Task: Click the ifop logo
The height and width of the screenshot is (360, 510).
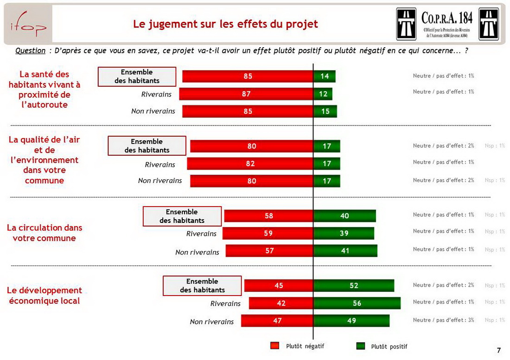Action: pos(28,25)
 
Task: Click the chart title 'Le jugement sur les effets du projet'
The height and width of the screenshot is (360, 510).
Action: pos(225,24)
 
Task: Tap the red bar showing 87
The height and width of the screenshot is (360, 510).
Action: pos(246,94)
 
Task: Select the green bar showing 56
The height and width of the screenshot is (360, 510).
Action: pos(357,303)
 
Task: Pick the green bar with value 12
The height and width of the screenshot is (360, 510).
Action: pos(323,94)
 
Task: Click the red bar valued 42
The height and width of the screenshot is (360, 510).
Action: pos(281,303)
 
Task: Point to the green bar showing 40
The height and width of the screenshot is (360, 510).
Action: pos(344,216)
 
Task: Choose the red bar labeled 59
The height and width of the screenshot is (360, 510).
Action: pos(268,233)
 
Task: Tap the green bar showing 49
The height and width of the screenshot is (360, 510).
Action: pos(351,321)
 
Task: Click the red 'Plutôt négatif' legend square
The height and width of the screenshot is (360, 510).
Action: pos(274,346)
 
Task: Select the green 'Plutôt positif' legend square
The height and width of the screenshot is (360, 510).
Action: pos(360,346)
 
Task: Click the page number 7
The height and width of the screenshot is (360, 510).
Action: pos(499,350)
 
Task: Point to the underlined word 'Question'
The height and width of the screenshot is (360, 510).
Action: pos(30,51)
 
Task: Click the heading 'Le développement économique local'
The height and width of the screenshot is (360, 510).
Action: pos(45,296)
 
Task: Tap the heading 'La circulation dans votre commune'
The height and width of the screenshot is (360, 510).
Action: pos(45,233)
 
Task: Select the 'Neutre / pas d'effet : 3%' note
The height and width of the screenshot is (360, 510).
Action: pos(443,320)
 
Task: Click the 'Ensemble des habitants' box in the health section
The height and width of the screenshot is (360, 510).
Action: pos(137,76)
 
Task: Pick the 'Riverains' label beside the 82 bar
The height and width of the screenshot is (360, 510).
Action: pos(160,164)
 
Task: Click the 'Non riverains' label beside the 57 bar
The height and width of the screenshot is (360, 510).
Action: pos(197,252)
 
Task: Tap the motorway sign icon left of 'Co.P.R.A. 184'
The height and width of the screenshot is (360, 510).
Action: pos(406,24)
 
